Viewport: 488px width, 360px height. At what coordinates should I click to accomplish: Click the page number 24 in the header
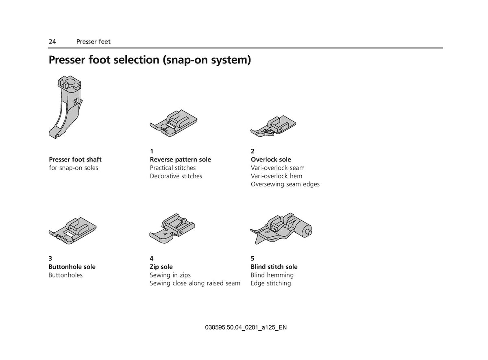tap(52, 41)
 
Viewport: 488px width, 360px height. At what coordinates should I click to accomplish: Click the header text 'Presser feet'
tap(93, 41)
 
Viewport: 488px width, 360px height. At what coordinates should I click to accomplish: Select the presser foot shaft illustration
tap(65, 107)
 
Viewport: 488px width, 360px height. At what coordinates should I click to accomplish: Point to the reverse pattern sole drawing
tap(174, 123)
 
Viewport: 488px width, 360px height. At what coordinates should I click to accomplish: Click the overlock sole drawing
tap(273, 126)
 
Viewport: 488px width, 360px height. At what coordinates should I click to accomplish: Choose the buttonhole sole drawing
tap(72, 231)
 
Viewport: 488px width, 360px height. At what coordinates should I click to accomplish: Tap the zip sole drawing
tap(172, 228)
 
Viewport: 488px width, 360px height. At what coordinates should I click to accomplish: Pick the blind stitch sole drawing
tap(281, 228)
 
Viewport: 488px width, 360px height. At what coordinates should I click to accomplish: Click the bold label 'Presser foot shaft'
tap(75, 159)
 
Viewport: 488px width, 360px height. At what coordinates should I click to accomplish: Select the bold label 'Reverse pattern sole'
tap(181, 159)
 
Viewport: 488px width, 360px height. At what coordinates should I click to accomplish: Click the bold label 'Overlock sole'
tap(271, 159)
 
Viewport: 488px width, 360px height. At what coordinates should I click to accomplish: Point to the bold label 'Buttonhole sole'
tap(72, 267)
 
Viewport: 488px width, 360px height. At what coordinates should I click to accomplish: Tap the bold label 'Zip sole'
tap(161, 267)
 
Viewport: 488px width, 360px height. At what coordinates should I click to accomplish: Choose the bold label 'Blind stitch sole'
tap(274, 267)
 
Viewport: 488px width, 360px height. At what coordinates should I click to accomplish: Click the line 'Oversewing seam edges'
tap(285, 184)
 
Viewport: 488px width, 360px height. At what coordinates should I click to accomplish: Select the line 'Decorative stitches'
tap(176, 176)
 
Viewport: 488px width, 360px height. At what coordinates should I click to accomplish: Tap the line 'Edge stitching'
tap(271, 283)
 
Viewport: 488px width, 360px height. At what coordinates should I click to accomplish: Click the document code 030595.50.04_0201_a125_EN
tap(246, 327)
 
